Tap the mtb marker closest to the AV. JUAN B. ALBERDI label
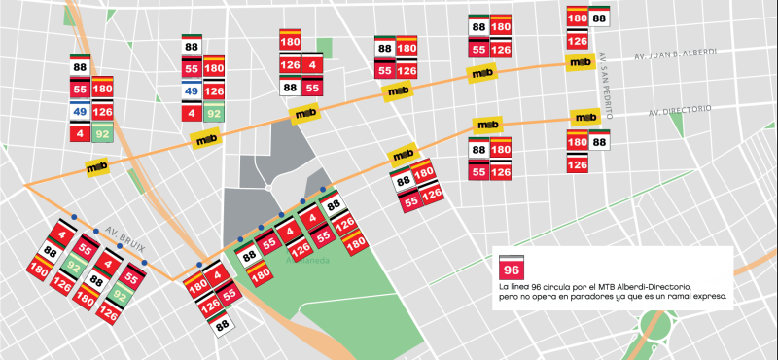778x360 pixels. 581,62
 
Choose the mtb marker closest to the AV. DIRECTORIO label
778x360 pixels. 584,117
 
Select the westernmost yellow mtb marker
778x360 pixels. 124,166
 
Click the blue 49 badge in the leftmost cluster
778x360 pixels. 81,111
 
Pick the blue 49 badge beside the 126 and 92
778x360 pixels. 192,92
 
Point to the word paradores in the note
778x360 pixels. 592,296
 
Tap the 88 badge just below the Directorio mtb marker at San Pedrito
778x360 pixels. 600,142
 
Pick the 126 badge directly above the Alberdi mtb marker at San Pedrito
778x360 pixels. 577,41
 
